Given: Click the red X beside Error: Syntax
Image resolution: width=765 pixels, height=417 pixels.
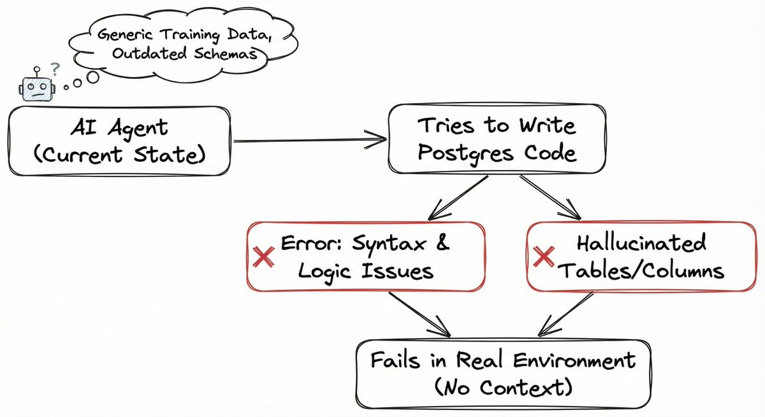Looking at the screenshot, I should (x=264, y=257).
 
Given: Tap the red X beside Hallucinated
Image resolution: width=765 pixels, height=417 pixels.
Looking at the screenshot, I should (x=544, y=257).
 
